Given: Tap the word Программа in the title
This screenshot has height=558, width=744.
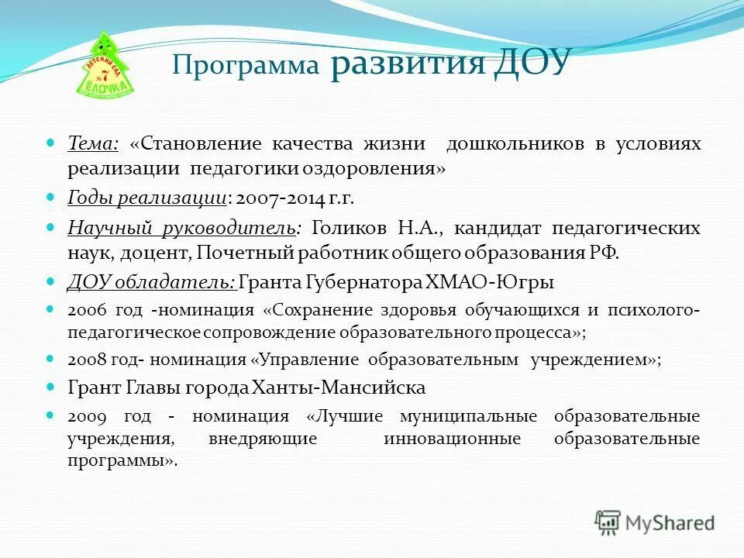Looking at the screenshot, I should (246, 65).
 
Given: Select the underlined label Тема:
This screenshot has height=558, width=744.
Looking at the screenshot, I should (93, 144).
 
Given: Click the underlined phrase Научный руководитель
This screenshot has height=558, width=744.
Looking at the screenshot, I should (181, 229).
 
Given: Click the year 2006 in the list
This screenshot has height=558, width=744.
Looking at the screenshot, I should (83, 311).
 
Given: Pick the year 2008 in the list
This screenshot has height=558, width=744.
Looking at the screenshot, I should (83, 360).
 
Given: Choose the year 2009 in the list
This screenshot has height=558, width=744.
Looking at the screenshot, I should (83, 416).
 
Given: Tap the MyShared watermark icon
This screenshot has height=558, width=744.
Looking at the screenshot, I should (608, 522).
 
